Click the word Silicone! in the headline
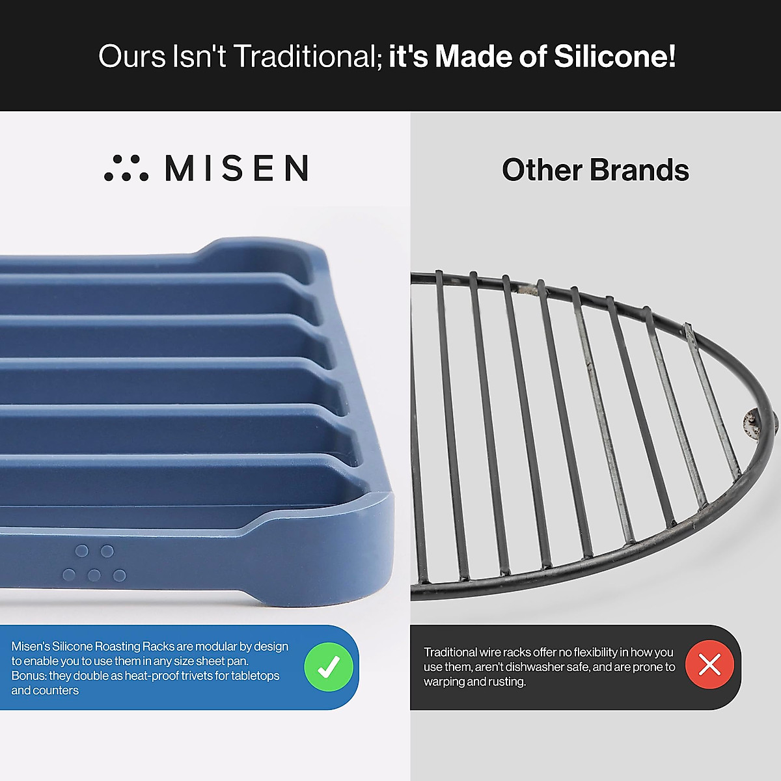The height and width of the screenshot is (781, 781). click(x=614, y=57)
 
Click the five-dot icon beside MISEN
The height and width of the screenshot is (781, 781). click(x=126, y=168)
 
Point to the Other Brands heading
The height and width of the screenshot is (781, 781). click(x=595, y=170)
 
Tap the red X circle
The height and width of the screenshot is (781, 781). click(x=709, y=665)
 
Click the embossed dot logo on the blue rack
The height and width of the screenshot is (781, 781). click(x=94, y=564)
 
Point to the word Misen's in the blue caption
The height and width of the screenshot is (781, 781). click(x=29, y=646)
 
